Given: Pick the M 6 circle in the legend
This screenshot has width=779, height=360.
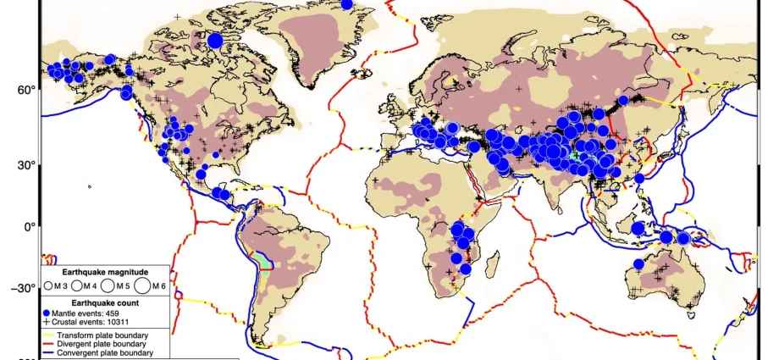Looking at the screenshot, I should click(x=141, y=285).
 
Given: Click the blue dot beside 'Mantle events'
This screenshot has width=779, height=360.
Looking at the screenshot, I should click(x=47, y=313).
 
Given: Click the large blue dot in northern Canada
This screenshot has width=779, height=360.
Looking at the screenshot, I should click(x=215, y=40).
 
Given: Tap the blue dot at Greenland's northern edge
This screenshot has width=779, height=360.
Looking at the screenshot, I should click(x=346, y=4).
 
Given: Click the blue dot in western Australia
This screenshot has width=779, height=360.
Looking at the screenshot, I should click(x=639, y=264).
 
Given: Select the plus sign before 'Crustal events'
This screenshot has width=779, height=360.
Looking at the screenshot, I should click(x=47, y=322).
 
